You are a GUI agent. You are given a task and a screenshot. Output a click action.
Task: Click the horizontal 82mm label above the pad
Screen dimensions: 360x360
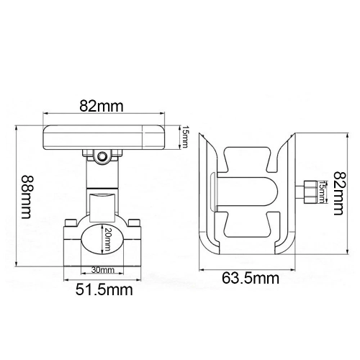(x=102, y=106)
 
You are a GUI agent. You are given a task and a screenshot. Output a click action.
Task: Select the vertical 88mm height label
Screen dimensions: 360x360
(x=26, y=197)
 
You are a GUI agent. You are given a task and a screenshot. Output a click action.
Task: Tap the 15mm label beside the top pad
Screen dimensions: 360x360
(x=184, y=137)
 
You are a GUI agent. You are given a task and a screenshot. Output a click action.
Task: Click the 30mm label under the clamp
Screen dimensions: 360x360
(x=103, y=270)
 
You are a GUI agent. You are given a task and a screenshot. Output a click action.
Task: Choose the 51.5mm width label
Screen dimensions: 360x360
(x=104, y=289)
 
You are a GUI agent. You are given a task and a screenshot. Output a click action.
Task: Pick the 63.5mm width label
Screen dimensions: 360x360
(x=251, y=279)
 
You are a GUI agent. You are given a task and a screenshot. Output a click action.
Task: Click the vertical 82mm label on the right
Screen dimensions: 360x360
(x=339, y=194)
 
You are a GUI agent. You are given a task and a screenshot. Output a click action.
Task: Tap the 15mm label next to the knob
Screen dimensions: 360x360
(x=323, y=192)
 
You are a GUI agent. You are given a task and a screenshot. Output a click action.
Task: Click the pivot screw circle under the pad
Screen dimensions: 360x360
(x=102, y=156)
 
